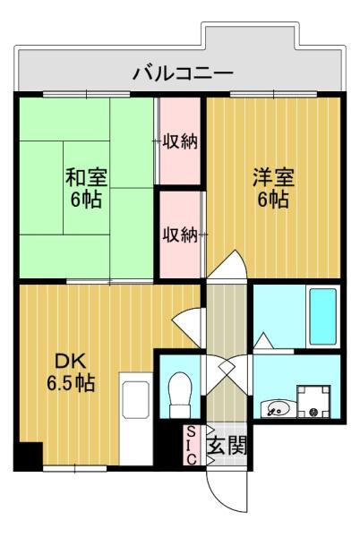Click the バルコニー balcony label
pyautogui.click(x=183, y=72)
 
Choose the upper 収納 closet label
pyautogui.click(x=180, y=141)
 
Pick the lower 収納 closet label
pyautogui.click(x=180, y=234)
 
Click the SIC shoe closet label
pyautogui.click(x=191, y=445)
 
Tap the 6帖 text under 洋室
pyautogui.click(x=273, y=200)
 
